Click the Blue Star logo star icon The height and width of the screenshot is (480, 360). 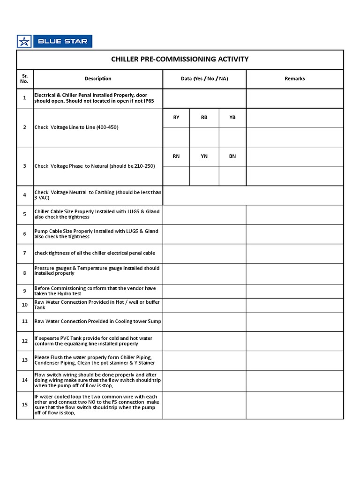[x=24, y=41]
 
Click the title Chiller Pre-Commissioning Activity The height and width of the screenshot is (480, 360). [x=180, y=59]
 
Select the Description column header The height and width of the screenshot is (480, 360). [x=98, y=79]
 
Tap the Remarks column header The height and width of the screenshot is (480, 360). [x=294, y=79]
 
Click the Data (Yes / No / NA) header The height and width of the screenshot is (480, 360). [x=204, y=79]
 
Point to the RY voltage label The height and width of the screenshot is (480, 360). [x=176, y=118]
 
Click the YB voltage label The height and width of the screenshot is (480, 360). [x=232, y=118]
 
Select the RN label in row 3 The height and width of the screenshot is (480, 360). [x=176, y=157]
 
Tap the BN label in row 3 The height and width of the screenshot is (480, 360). [x=232, y=157]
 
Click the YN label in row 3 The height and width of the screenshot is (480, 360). [x=204, y=157]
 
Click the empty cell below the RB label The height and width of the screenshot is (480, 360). [x=204, y=137]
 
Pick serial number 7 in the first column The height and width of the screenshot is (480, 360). [x=25, y=253]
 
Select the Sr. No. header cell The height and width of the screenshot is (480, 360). [x=25, y=79]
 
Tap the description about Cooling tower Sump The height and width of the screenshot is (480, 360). [x=98, y=321]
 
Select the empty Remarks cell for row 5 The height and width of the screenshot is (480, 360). [x=294, y=214]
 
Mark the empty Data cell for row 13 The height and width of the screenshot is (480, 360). [x=204, y=360]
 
